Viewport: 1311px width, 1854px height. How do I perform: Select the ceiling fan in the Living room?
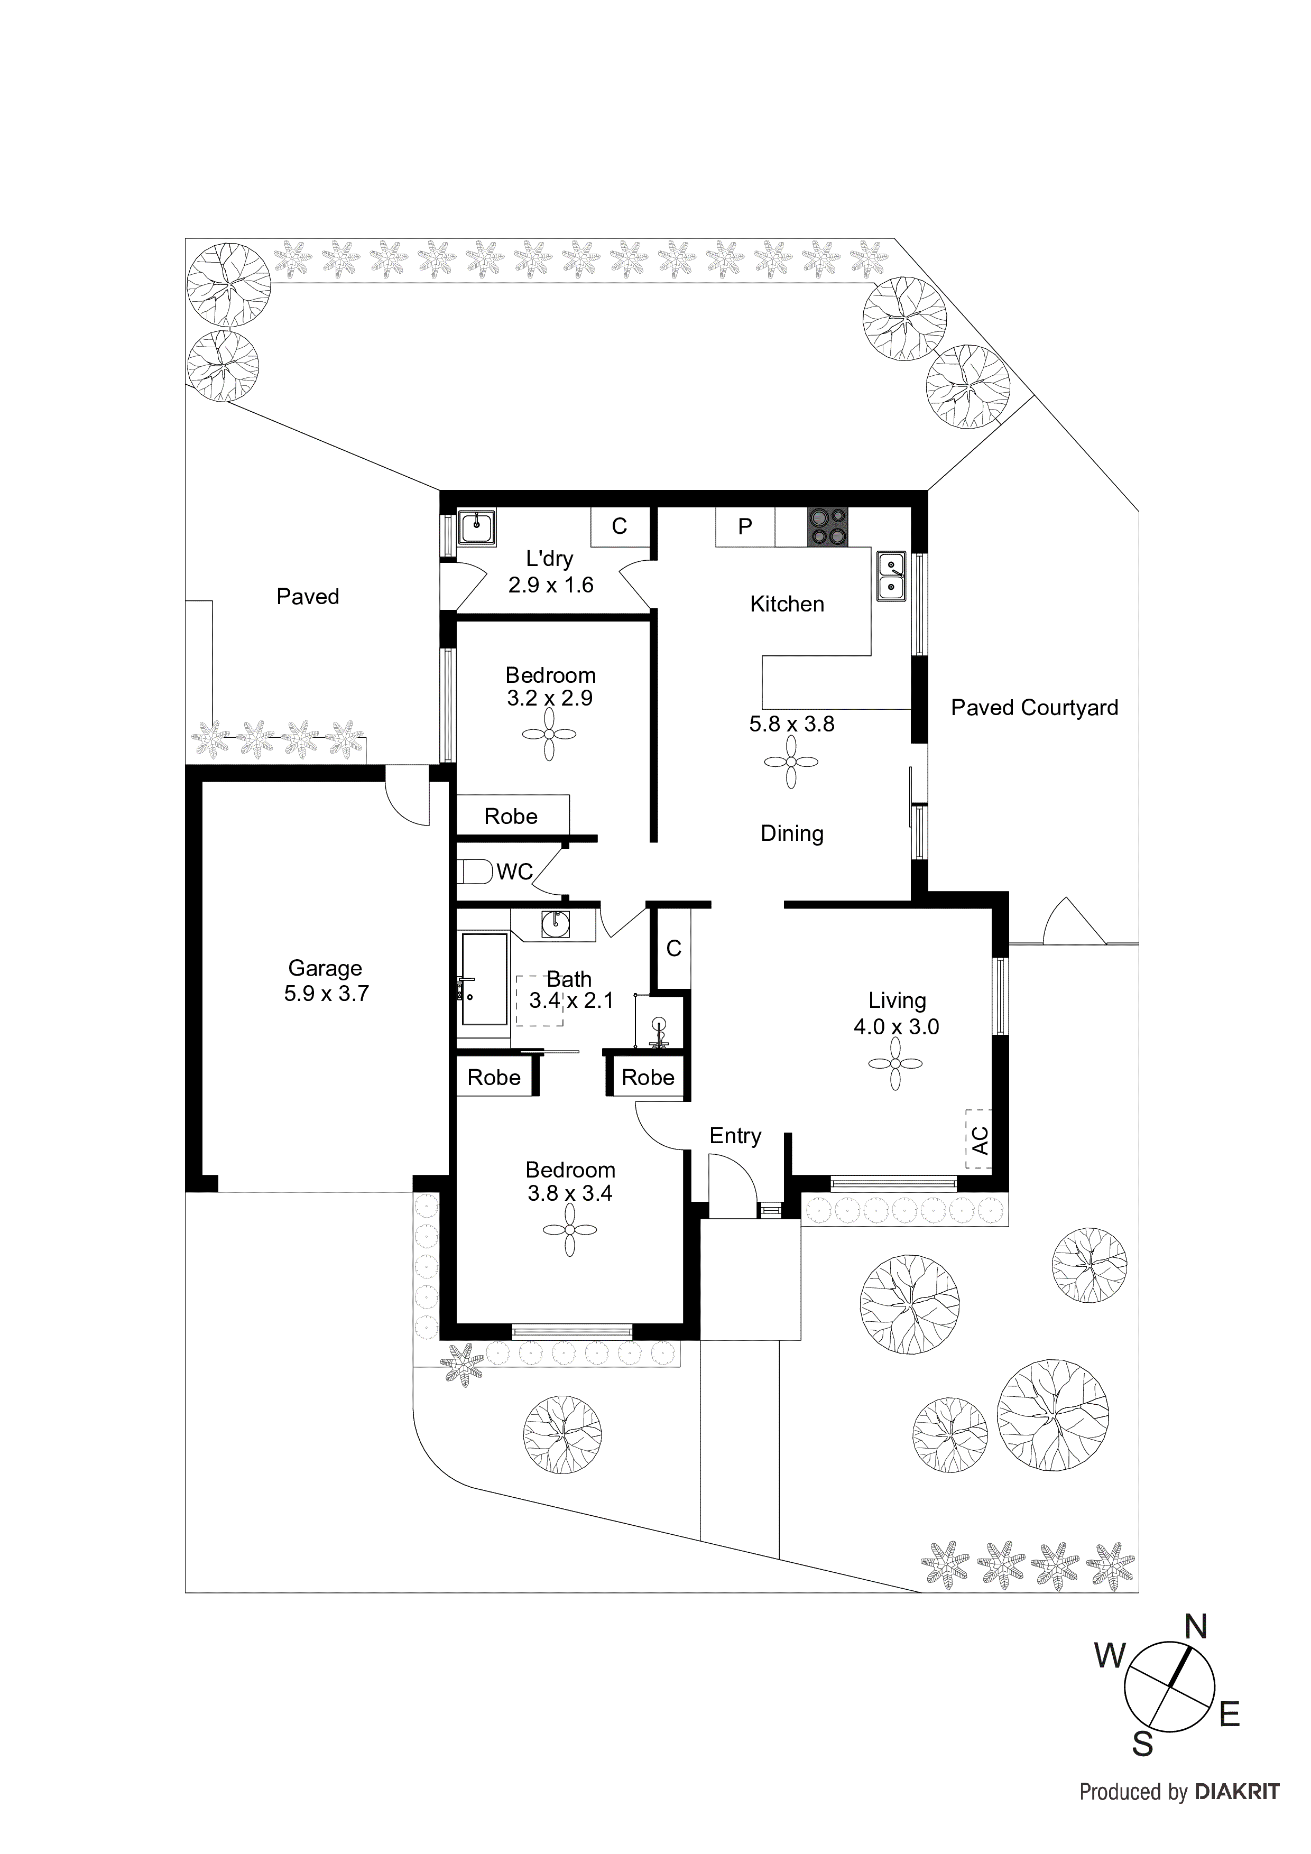click(895, 1064)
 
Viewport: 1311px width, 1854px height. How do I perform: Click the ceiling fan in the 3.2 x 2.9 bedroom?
click(549, 734)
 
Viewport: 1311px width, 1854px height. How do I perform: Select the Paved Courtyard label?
click(1034, 708)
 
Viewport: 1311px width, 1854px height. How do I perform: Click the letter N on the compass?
click(1195, 1627)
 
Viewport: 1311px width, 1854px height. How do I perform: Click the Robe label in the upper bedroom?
click(511, 817)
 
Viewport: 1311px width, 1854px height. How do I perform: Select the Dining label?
click(791, 833)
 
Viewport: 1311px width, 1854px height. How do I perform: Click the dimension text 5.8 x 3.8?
click(791, 725)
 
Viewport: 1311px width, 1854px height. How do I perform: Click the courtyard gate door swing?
click(1074, 922)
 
